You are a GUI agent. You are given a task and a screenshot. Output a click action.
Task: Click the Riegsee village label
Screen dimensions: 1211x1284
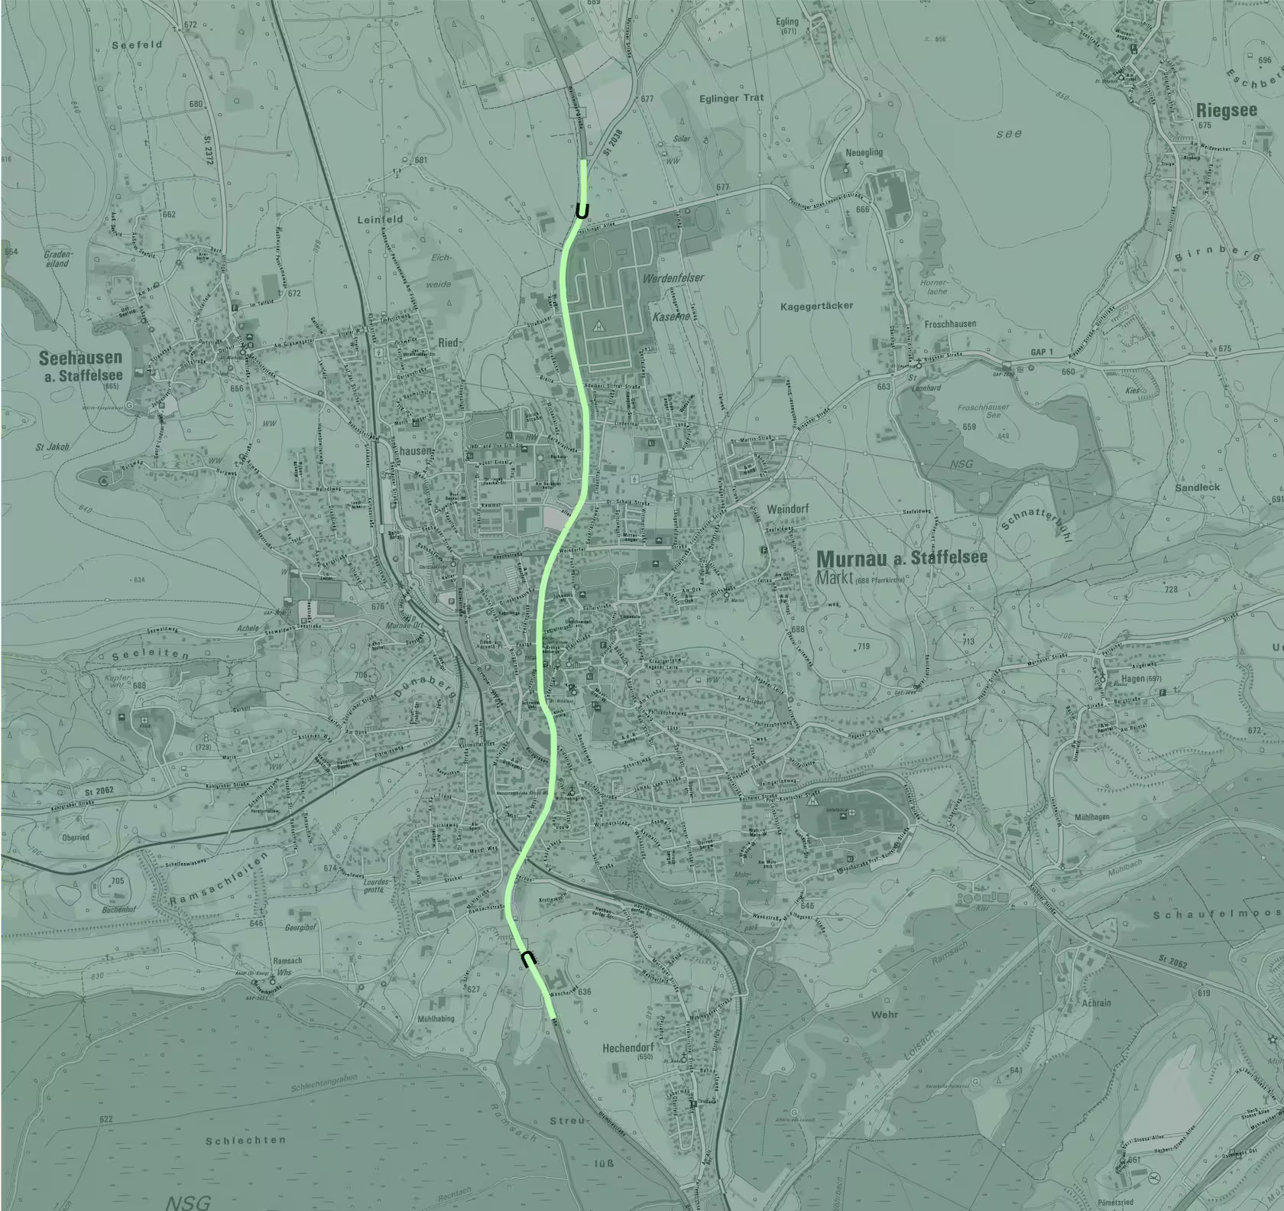click(x=1226, y=111)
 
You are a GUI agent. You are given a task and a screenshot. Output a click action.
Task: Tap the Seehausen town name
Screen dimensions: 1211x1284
click(x=80, y=358)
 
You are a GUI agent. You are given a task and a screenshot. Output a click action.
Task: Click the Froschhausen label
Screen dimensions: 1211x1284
click(x=950, y=323)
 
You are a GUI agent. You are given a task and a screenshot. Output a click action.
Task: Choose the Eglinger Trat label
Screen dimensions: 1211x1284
click(x=731, y=98)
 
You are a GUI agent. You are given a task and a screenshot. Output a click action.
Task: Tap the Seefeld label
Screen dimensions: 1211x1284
click(x=137, y=45)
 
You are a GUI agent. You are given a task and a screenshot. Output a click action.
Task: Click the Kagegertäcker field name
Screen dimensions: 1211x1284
click(x=817, y=306)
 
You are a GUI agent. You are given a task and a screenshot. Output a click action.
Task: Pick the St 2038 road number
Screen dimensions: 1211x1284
click(x=611, y=143)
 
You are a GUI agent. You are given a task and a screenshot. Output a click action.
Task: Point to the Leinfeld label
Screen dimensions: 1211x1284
click(x=380, y=219)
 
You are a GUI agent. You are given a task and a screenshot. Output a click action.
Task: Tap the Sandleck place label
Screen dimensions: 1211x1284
click(x=1197, y=487)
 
